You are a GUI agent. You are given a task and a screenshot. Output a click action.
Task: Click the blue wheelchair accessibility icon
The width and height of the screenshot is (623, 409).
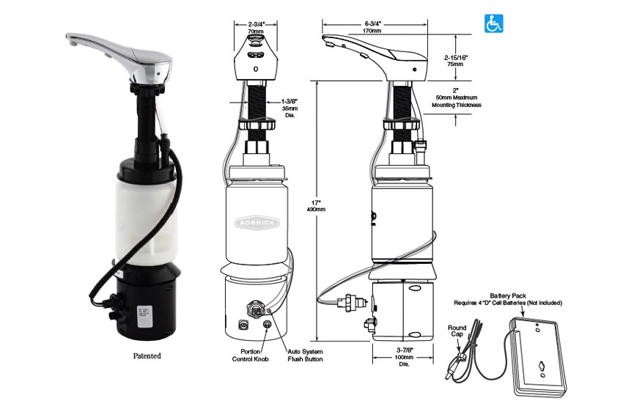pos(493,23)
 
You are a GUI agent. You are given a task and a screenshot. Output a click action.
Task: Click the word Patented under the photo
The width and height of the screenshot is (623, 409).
pos(147,355)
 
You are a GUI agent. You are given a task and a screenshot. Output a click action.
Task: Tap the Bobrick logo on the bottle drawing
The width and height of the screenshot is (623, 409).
pos(257,222)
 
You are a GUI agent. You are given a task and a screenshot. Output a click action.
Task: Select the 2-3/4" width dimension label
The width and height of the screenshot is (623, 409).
pos(256,27)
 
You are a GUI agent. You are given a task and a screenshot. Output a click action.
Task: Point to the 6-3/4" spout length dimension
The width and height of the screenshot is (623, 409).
pos(372,27)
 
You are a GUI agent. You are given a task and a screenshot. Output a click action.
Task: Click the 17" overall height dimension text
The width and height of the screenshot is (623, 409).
pos(316,205)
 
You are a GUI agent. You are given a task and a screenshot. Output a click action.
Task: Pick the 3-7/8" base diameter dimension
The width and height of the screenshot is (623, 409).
pos(404,356)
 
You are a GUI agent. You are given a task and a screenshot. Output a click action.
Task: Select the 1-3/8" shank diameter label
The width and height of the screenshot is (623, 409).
pos(289,108)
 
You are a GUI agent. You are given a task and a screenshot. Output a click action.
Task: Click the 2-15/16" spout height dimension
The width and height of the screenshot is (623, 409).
pos(456,60)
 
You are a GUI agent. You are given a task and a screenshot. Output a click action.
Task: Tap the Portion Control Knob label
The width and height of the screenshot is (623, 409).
pos(251,355)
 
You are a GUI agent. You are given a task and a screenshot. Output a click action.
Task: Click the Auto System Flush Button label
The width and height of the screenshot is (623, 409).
pos(305,355)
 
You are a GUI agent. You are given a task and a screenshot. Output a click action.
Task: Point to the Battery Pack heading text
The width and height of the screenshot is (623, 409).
pos(508,295)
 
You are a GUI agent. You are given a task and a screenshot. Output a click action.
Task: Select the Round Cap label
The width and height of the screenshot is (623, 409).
pos(457,331)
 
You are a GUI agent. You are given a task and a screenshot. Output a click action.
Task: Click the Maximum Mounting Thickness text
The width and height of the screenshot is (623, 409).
pos(457,101)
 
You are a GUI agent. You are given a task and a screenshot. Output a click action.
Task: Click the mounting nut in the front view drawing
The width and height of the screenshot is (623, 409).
pos(257,125)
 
